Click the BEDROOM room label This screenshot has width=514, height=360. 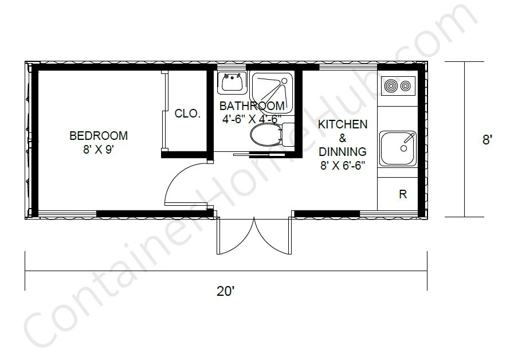coord(98,136)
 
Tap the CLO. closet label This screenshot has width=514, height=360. coord(187,114)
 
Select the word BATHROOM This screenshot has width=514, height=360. coord(252,106)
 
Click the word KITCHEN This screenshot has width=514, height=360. coord(343,124)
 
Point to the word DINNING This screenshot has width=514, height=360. coord(343,152)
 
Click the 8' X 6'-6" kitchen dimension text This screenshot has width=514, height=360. coord(343,166)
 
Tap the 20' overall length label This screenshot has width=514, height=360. coord(226,291)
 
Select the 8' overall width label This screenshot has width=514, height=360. coord(487,139)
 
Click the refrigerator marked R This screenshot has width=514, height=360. coord(402,194)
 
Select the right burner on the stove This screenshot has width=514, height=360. coord(406,87)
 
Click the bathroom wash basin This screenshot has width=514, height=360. coord(232,83)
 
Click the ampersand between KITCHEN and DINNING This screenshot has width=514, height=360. coord(343,138)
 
